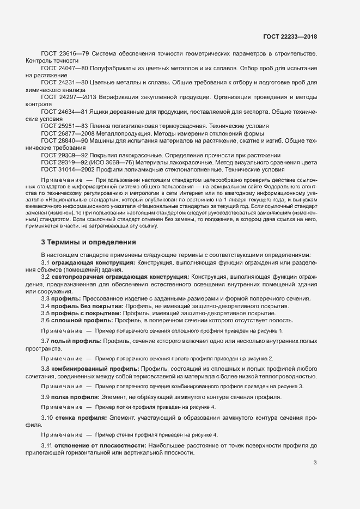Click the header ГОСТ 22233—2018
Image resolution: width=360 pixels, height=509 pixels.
point(290,36)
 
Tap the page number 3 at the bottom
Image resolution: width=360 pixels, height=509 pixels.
point(315,463)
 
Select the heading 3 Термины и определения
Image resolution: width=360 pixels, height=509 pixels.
point(88,242)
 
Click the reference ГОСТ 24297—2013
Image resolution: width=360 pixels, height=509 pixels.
point(68,96)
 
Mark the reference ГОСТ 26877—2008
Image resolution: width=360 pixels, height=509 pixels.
point(68,132)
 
